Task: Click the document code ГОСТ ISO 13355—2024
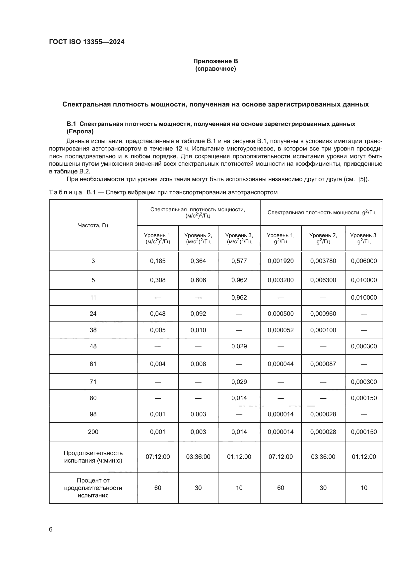(87, 42)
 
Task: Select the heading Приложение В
(215, 61)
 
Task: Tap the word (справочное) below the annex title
(215, 69)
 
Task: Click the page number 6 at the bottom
(51, 529)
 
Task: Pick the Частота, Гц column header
(93, 225)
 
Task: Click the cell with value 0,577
(239, 261)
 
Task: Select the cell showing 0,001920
(280, 261)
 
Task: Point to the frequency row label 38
(93, 330)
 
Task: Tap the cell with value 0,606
(198, 280)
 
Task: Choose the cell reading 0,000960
(323, 314)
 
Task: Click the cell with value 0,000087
(323, 364)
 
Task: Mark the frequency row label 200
(93, 432)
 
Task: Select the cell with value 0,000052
(280, 330)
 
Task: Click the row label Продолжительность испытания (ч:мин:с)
(93, 457)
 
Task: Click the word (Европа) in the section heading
(80, 131)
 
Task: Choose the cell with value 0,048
(157, 314)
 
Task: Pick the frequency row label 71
(93, 382)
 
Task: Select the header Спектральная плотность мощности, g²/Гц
(321, 212)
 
